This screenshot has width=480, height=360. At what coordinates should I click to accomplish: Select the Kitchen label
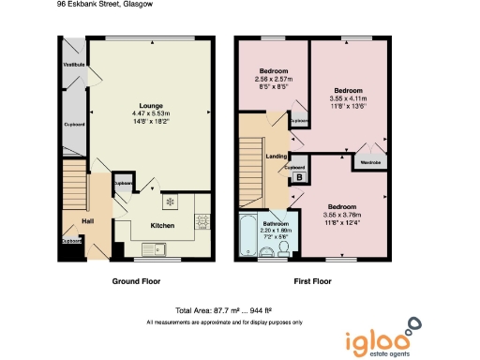[163, 226]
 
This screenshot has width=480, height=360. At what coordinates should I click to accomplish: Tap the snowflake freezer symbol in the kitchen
[170, 202]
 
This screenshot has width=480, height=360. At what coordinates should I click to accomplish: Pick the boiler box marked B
[299, 177]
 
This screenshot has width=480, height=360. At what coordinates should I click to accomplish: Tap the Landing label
[277, 157]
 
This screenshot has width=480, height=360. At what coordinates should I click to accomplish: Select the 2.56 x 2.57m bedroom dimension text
[275, 80]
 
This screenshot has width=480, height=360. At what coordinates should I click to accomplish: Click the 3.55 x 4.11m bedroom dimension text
[348, 97]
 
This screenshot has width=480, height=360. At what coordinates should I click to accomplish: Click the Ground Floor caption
[138, 281]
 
